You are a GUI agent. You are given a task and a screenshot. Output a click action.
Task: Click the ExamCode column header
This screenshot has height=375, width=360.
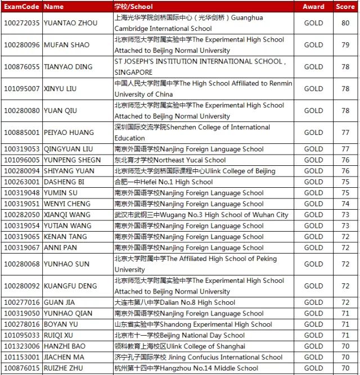(21, 7)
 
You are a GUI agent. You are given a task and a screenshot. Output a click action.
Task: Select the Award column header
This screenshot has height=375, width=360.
(313, 7)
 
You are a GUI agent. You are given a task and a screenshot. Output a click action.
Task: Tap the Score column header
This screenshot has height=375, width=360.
(345, 7)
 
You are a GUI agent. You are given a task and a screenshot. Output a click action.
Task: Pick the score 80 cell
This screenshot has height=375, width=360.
(345, 23)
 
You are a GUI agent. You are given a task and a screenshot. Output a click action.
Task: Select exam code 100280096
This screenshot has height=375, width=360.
(22, 45)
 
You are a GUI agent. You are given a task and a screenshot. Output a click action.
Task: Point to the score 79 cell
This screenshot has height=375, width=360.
(345, 45)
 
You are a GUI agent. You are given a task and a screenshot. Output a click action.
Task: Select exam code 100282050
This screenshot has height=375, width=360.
(22, 215)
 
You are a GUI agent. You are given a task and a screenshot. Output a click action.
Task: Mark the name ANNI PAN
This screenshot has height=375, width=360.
(60, 248)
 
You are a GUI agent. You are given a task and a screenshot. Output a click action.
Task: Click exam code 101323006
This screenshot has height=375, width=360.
(22, 346)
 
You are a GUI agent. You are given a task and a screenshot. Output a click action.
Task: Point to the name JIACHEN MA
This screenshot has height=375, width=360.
(64, 358)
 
